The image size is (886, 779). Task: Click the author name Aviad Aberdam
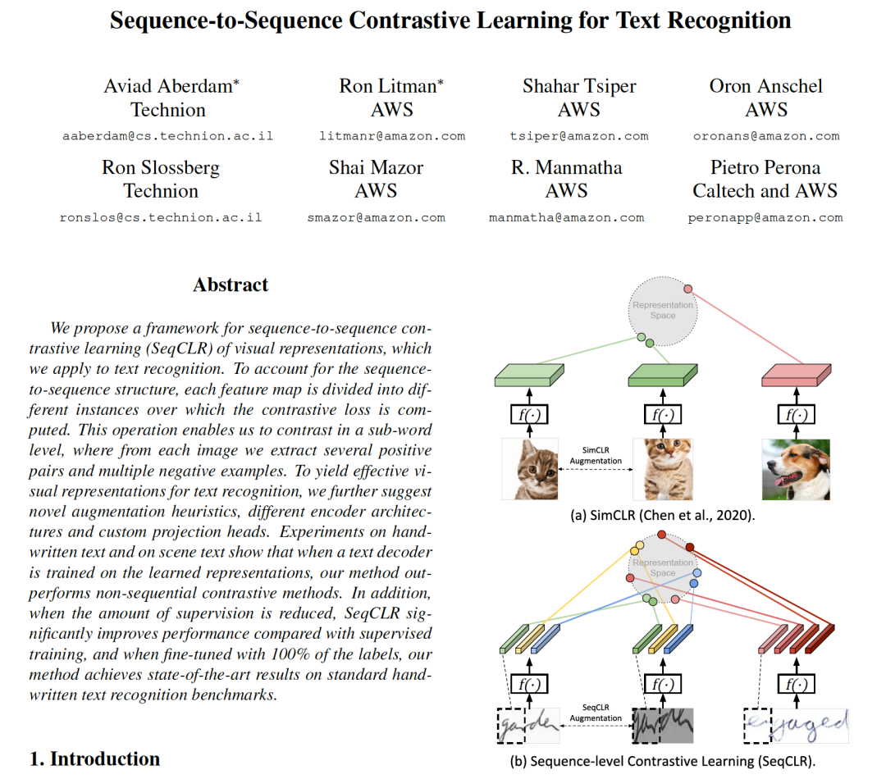point(171,86)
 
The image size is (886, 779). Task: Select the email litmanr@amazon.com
point(392,136)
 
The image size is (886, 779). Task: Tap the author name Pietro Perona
point(765,167)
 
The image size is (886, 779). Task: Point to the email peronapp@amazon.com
point(765,218)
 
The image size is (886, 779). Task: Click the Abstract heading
point(231,285)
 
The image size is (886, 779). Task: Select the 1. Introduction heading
point(94,758)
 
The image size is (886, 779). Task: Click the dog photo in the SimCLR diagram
point(795,469)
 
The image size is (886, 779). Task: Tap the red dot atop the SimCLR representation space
point(687,289)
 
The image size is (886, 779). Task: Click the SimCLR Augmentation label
point(596,456)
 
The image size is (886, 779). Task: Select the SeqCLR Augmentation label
point(597,713)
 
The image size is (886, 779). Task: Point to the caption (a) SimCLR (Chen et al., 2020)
point(664,517)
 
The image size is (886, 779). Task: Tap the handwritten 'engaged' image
point(797,726)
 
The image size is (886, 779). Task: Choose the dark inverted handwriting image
point(663,726)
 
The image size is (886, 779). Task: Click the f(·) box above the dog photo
point(795,415)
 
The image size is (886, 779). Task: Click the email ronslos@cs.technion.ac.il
point(161,218)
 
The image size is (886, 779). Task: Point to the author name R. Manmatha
point(567,167)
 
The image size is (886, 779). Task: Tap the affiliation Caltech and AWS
point(765,191)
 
